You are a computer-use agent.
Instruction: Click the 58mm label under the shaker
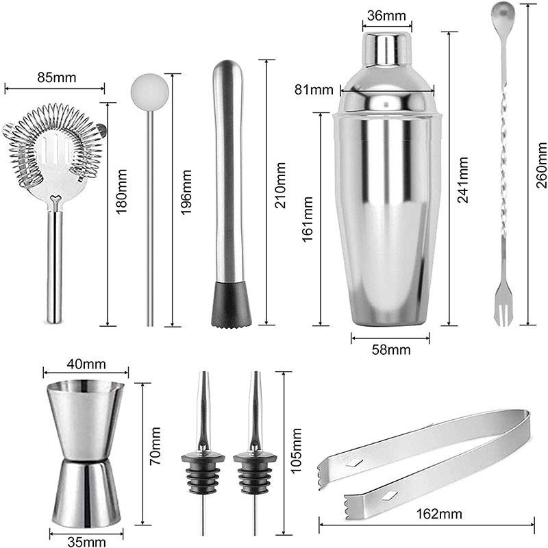coord(390,350)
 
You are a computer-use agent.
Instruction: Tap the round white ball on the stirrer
coord(149,90)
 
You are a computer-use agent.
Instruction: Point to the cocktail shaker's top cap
coord(387,48)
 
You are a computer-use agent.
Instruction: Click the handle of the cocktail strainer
coord(55,267)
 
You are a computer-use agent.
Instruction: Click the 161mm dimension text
coord(308,219)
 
